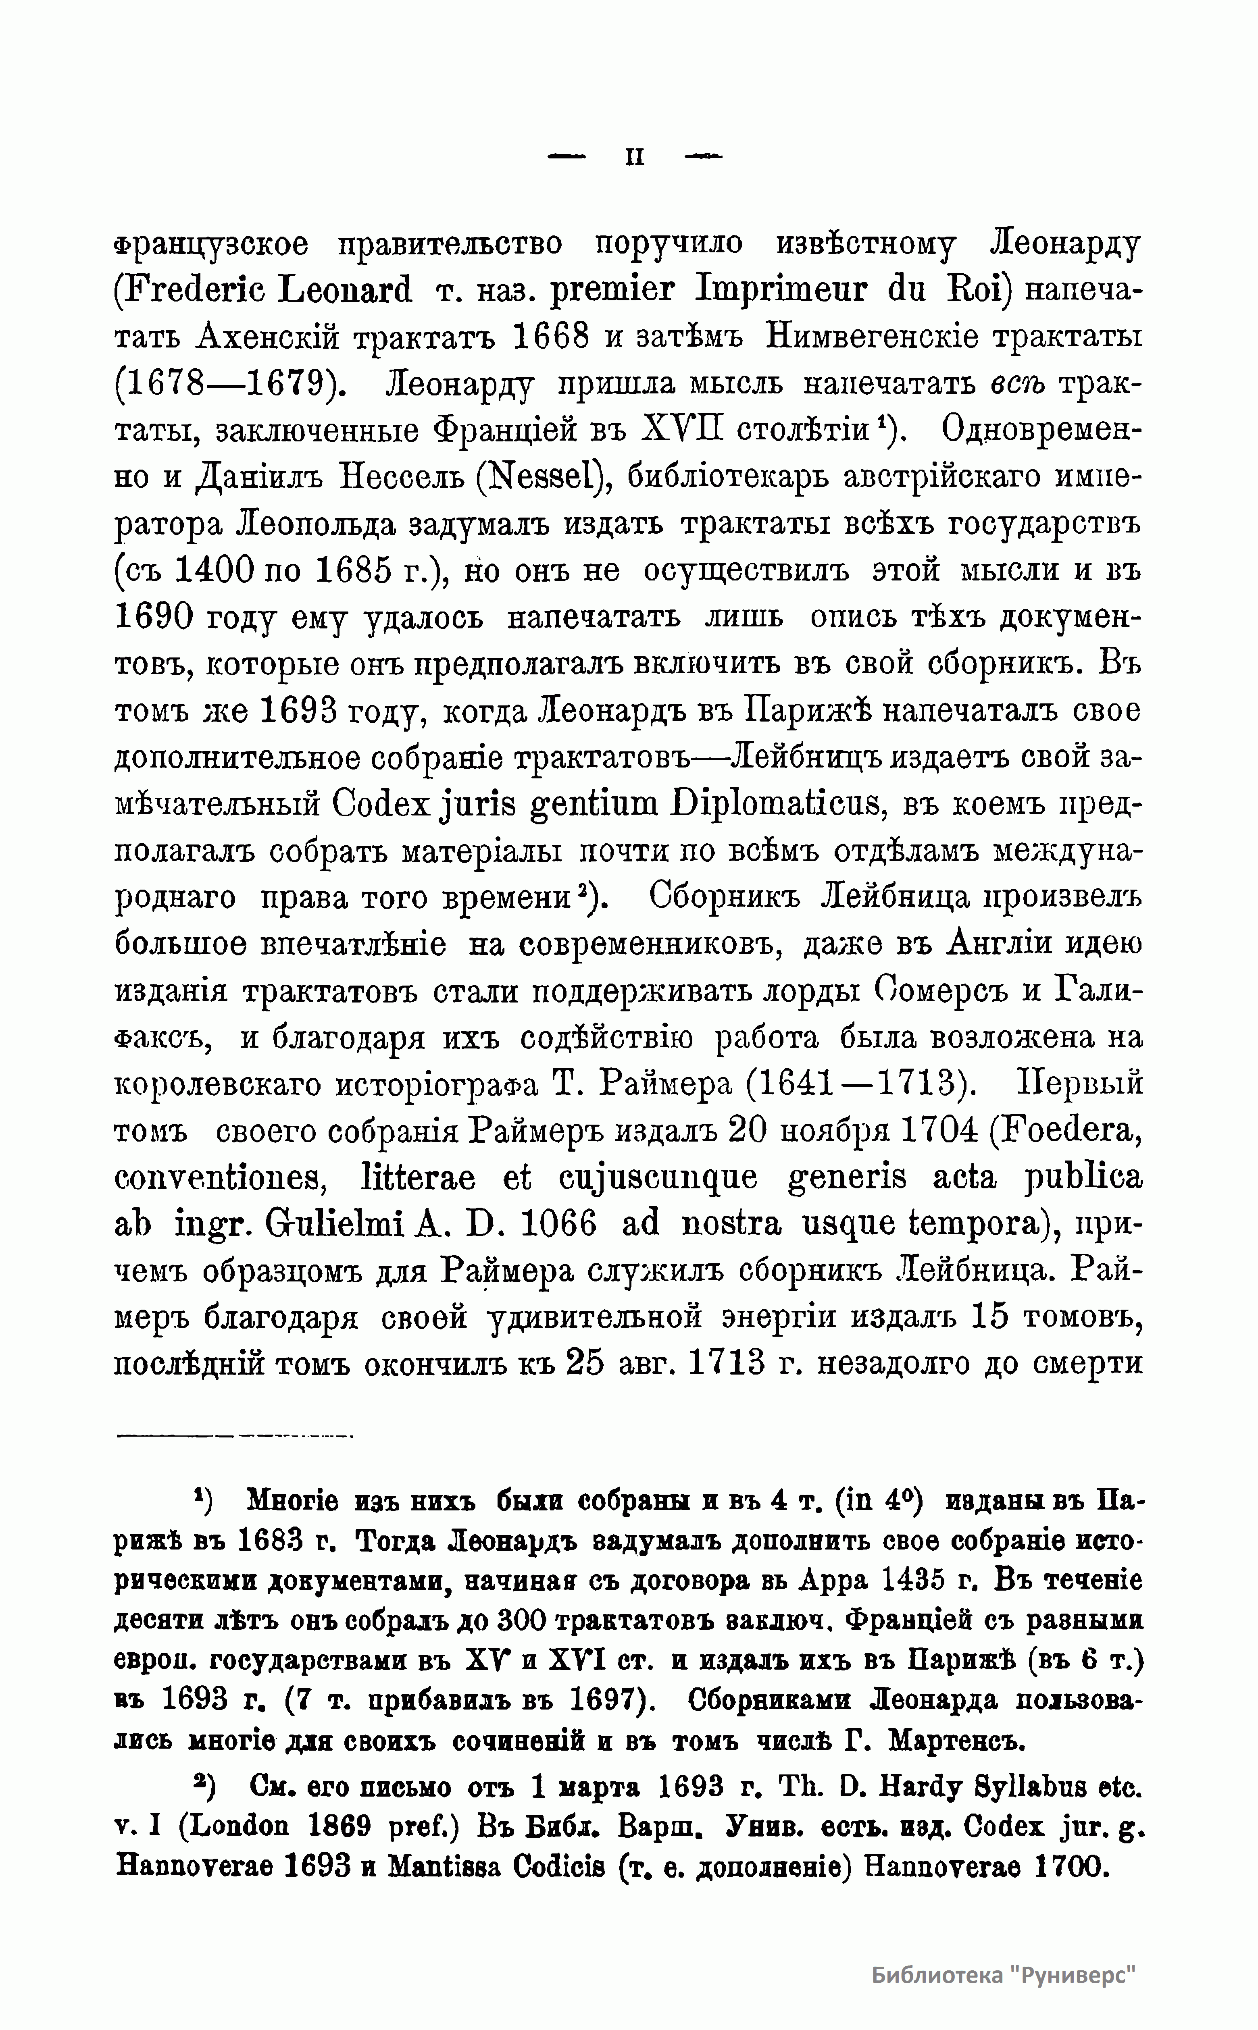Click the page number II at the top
(635, 156)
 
